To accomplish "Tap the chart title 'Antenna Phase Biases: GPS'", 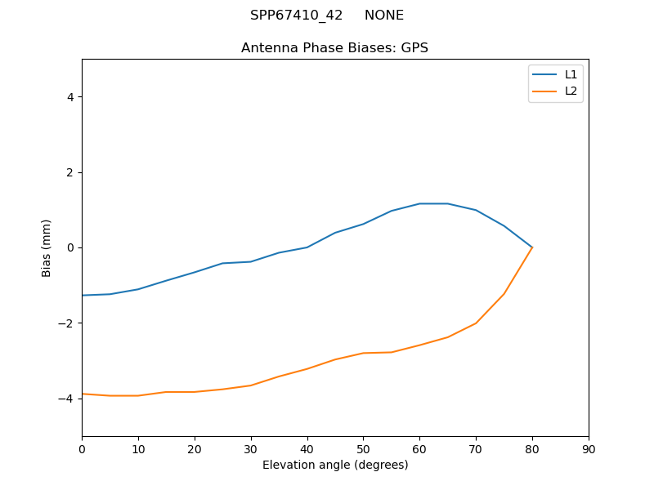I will [334, 48].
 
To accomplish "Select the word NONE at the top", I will [384, 16].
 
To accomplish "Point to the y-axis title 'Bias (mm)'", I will [47, 247].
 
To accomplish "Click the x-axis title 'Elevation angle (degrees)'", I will [335, 465].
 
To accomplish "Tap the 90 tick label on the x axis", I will [589, 449].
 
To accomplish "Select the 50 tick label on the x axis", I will [363, 449].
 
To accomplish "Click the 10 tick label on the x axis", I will [138, 449].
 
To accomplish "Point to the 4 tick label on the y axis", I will [69, 97].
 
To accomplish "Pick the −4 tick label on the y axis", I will [66, 399].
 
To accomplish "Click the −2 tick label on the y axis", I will [66, 323].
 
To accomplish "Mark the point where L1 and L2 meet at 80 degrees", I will [532, 247].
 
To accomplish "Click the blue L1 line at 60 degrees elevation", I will [419, 203].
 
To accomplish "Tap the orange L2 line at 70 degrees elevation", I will [476, 323].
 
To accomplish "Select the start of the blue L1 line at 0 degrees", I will [83, 296].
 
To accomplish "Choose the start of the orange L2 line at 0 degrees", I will [83, 394].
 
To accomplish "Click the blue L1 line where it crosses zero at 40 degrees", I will [307, 247].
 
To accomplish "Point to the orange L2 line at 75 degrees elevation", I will [504, 293].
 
